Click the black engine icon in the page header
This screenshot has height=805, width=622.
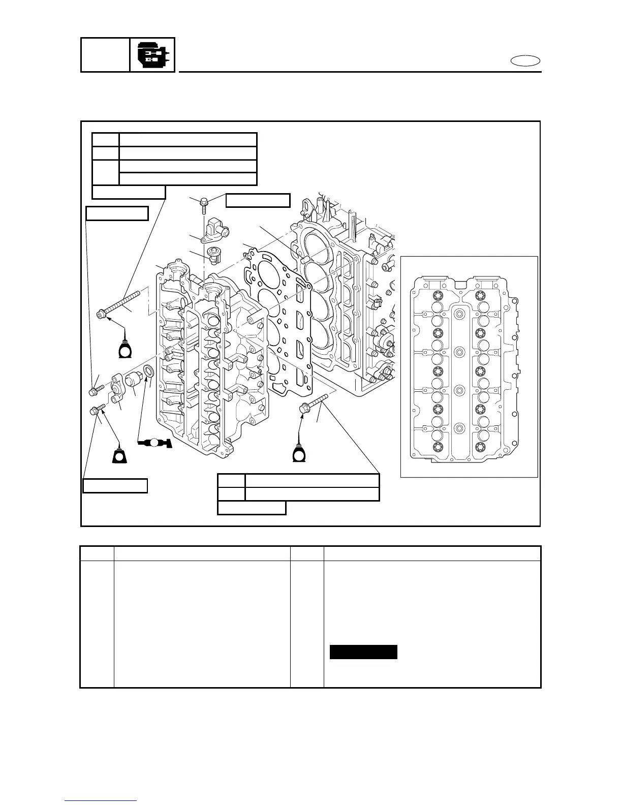153,55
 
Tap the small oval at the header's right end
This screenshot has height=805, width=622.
525,61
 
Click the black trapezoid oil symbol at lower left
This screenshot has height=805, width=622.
120,455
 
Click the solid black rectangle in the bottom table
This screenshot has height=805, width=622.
363,652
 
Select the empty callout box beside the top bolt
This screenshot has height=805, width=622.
258,200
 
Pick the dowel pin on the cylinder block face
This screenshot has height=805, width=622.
305,259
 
